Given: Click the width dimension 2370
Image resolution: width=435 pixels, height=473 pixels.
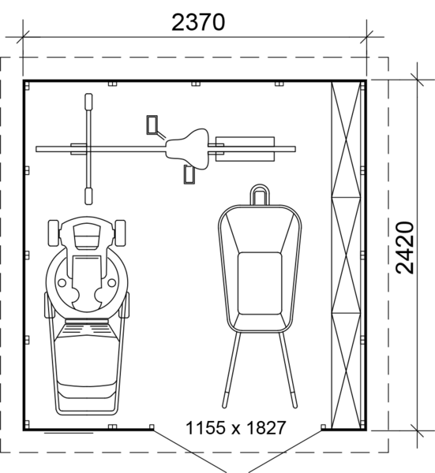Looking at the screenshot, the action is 198,22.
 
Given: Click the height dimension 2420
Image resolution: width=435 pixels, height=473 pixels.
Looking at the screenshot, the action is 405,248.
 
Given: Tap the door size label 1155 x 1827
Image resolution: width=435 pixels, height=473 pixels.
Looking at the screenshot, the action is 235,428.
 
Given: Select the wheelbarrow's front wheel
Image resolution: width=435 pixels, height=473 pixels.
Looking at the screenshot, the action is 259,195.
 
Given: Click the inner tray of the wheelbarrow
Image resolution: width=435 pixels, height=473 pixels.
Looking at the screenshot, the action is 260,284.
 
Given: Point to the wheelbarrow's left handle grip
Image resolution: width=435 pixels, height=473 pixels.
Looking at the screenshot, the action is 225,400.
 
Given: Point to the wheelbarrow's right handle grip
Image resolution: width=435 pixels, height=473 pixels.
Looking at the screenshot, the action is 294,400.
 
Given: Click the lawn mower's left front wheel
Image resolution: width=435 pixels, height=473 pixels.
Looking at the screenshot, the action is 54,233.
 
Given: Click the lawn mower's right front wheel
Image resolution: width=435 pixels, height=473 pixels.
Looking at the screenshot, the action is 120,233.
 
